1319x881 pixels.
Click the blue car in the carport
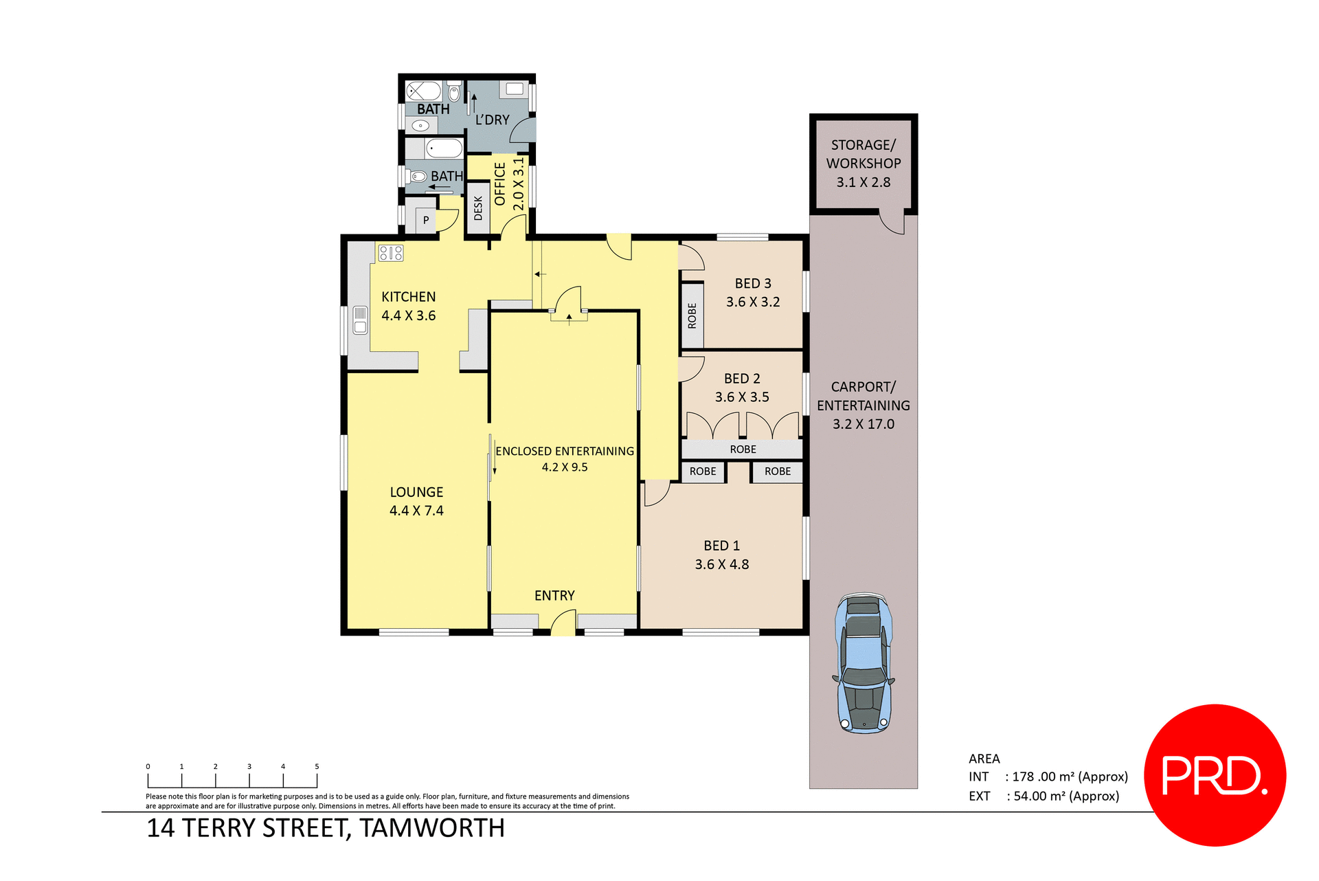click(x=864, y=663)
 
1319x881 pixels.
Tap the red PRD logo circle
click(x=1215, y=774)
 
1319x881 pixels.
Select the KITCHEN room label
click(x=408, y=297)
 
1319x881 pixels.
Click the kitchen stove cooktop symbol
click(x=391, y=253)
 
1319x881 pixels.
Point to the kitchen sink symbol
click(x=360, y=320)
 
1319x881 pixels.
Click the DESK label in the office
click(x=478, y=208)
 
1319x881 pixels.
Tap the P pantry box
click(x=426, y=220)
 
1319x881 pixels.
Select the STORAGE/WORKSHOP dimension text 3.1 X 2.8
click(x=863, y=182)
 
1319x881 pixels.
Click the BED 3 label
click(x=753, y=283)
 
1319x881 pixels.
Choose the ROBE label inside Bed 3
click(x=692, y=315)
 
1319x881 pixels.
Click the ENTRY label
click(x=554, y=596)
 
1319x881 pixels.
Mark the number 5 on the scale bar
click(x=317, y=766)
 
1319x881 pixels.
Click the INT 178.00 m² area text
click(x=1048, y=777)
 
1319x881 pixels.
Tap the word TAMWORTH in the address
click(x=432, y=828)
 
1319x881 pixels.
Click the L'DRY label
click(x=493, y=120)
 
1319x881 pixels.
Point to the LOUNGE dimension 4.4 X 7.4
click(x=416, y=511)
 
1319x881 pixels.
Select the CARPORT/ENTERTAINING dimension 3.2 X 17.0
click(x=863, y=424)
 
